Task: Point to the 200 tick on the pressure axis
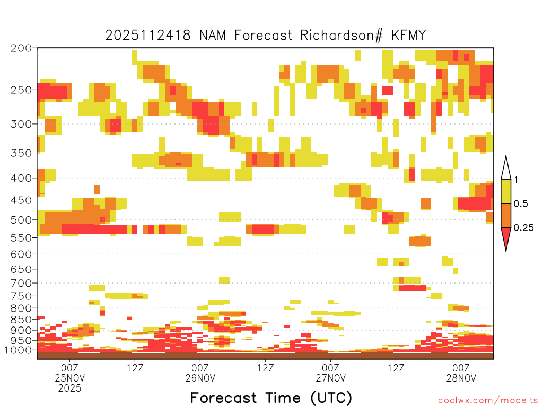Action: (21, 48)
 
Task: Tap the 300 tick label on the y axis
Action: (21, 124)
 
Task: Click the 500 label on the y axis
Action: (21, 219)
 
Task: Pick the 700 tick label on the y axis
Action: (21, 282)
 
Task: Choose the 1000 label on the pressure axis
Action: (19, 350)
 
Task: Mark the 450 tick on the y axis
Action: (21, 200)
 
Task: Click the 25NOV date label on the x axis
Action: (70, 378)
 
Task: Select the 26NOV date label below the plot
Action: (200, 378)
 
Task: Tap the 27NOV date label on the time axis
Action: (330, 378)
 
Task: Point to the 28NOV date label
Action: (461, 378)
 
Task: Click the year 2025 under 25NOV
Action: (70, 388)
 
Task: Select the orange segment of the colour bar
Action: (506, 215)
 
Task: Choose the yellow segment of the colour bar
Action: (506, 191)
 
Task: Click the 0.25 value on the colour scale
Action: (524, 228)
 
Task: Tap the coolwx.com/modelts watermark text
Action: (488, 400)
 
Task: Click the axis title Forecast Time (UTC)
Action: (271, 397)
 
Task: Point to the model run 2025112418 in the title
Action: (150, 36)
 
